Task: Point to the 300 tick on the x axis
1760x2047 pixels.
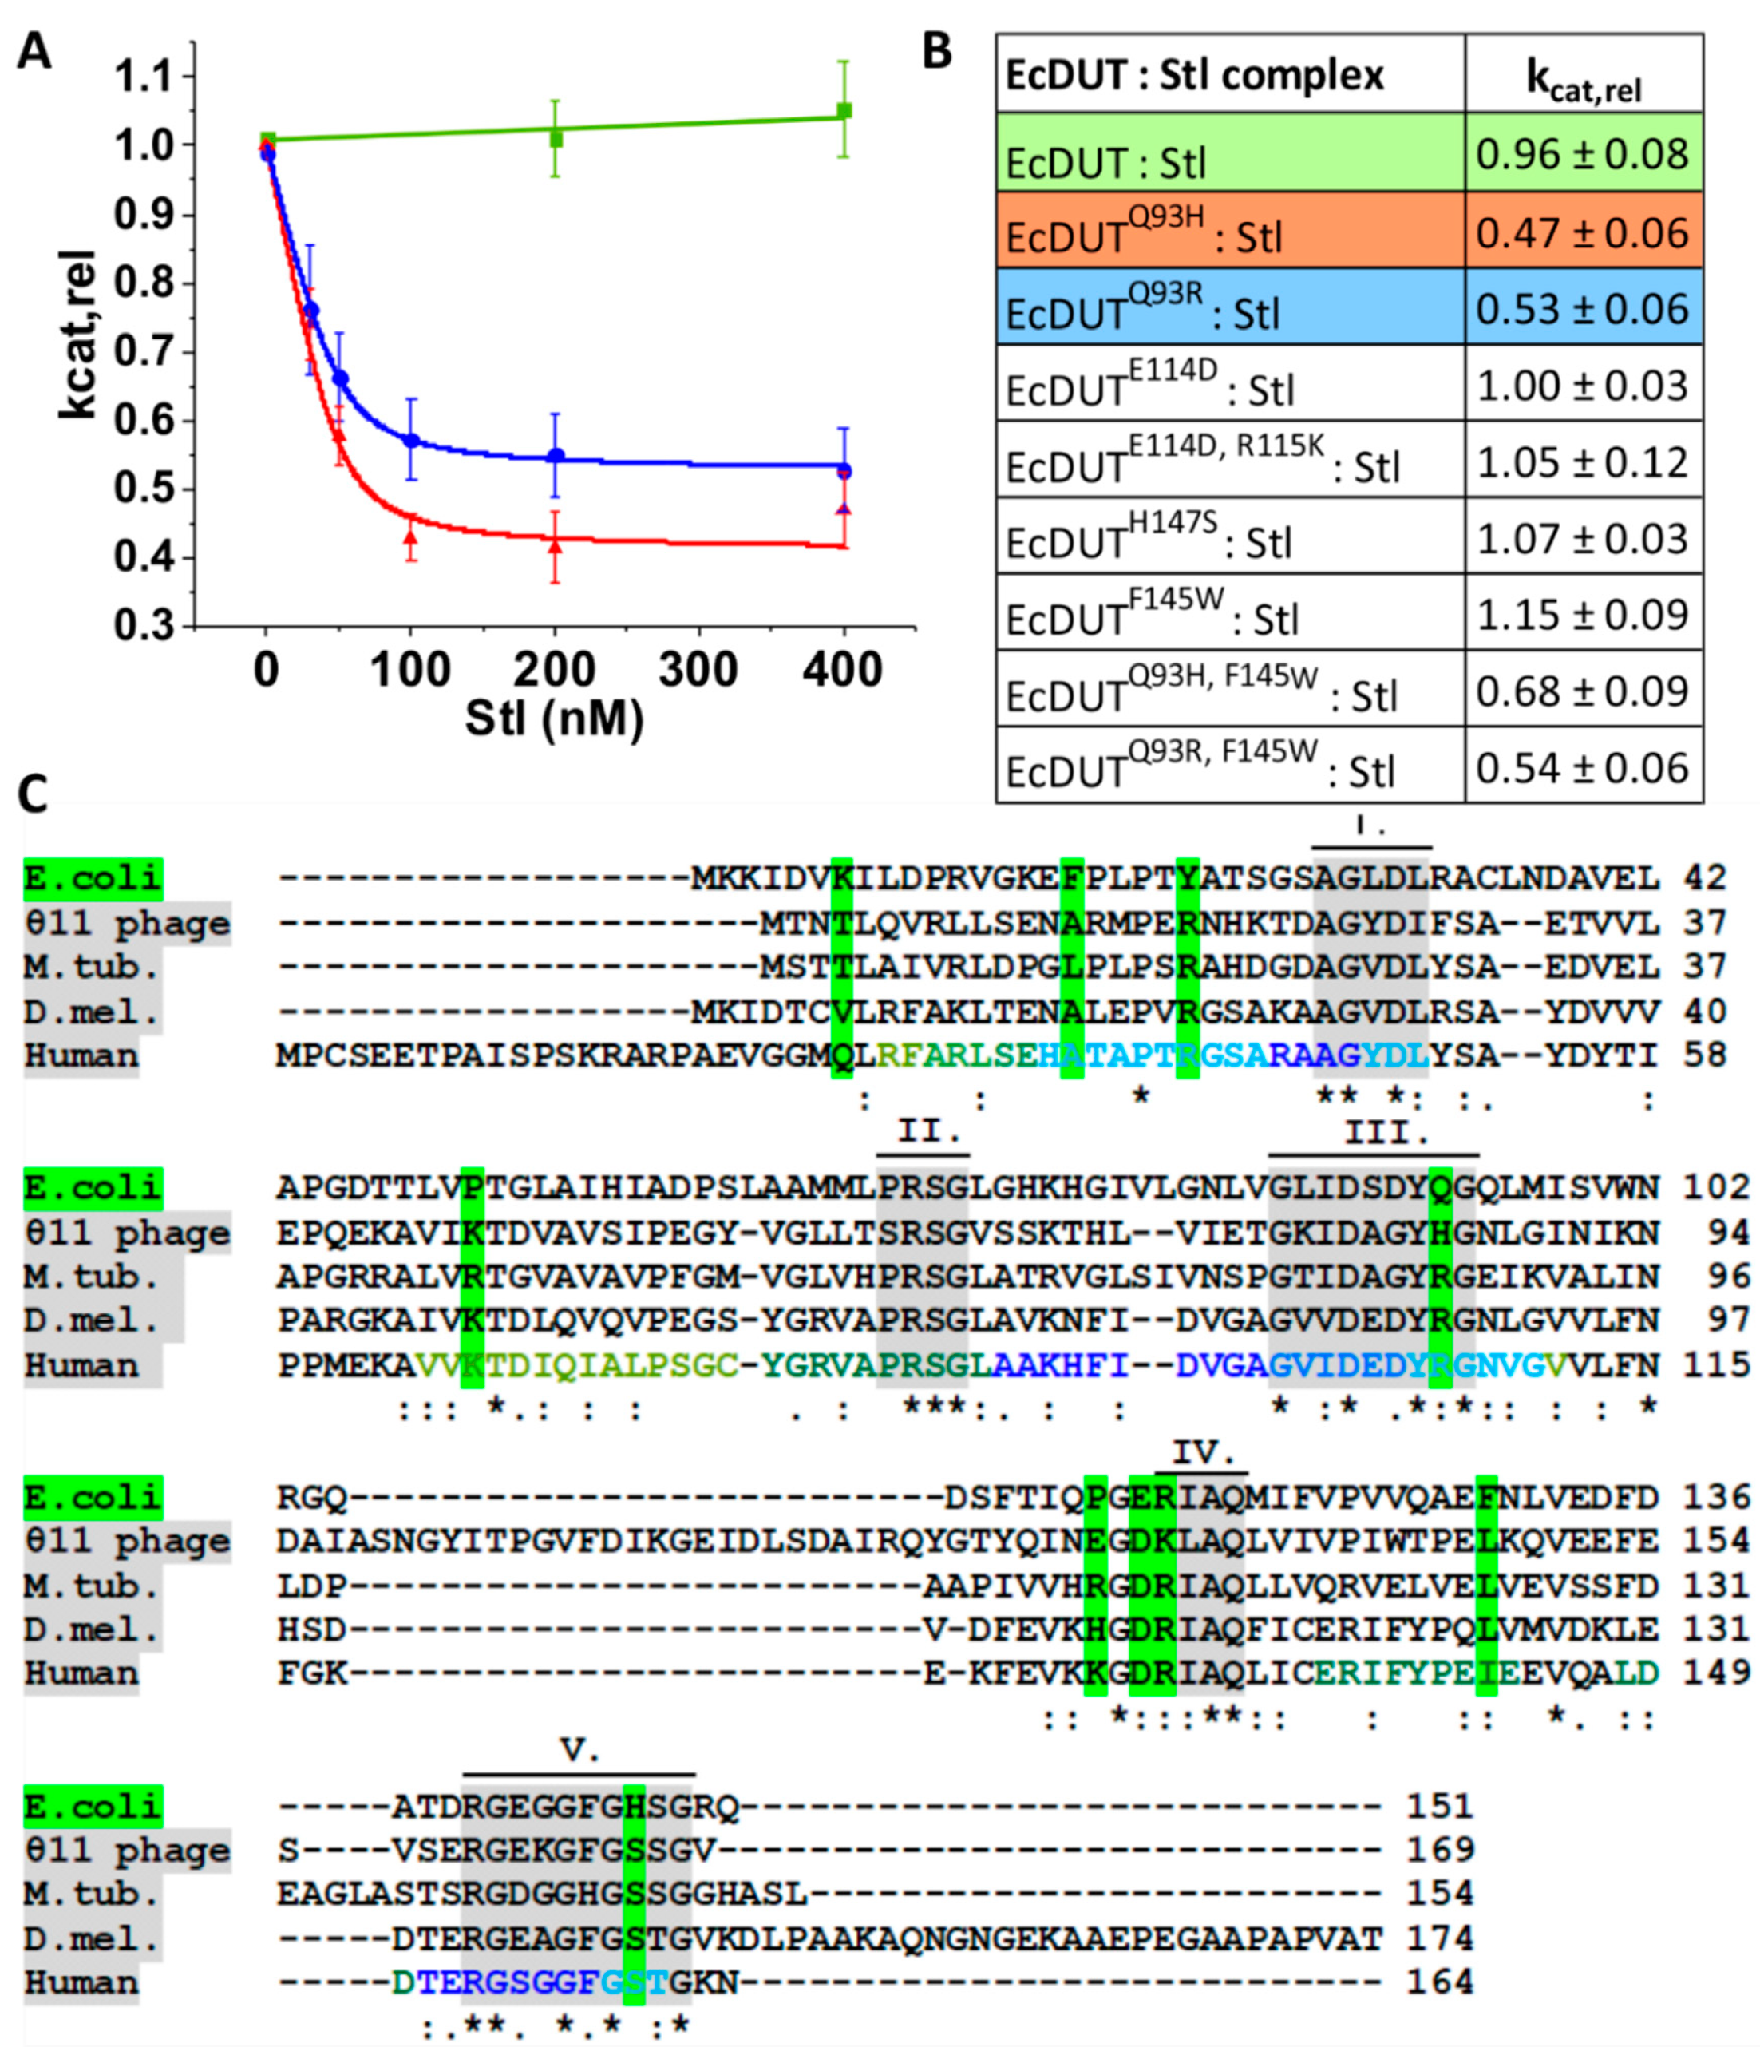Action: coord(698,670)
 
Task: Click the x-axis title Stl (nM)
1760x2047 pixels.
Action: coord(554,719)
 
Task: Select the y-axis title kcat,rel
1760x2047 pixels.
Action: coord(78,336)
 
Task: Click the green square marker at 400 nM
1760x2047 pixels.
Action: coord(844,111)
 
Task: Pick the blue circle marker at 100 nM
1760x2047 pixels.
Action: coord(411,441)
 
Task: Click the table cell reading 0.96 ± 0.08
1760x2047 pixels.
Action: coord(1582,154)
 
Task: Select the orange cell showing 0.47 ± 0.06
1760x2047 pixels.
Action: coord(1582,233)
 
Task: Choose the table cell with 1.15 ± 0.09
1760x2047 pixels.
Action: coord(1582,615)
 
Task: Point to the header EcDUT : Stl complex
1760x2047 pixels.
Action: coord(1194,75)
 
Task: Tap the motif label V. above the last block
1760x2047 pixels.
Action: coord(579,1750)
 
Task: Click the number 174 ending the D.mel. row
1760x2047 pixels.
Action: coord(1440,1938)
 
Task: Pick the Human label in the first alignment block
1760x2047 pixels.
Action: coord(81,1055)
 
